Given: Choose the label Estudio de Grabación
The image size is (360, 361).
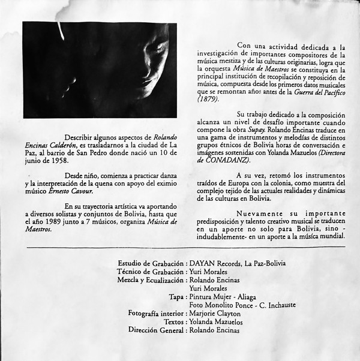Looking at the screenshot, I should (x=151, y=263).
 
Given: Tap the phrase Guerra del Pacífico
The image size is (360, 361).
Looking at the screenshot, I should (x=311, y=92).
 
